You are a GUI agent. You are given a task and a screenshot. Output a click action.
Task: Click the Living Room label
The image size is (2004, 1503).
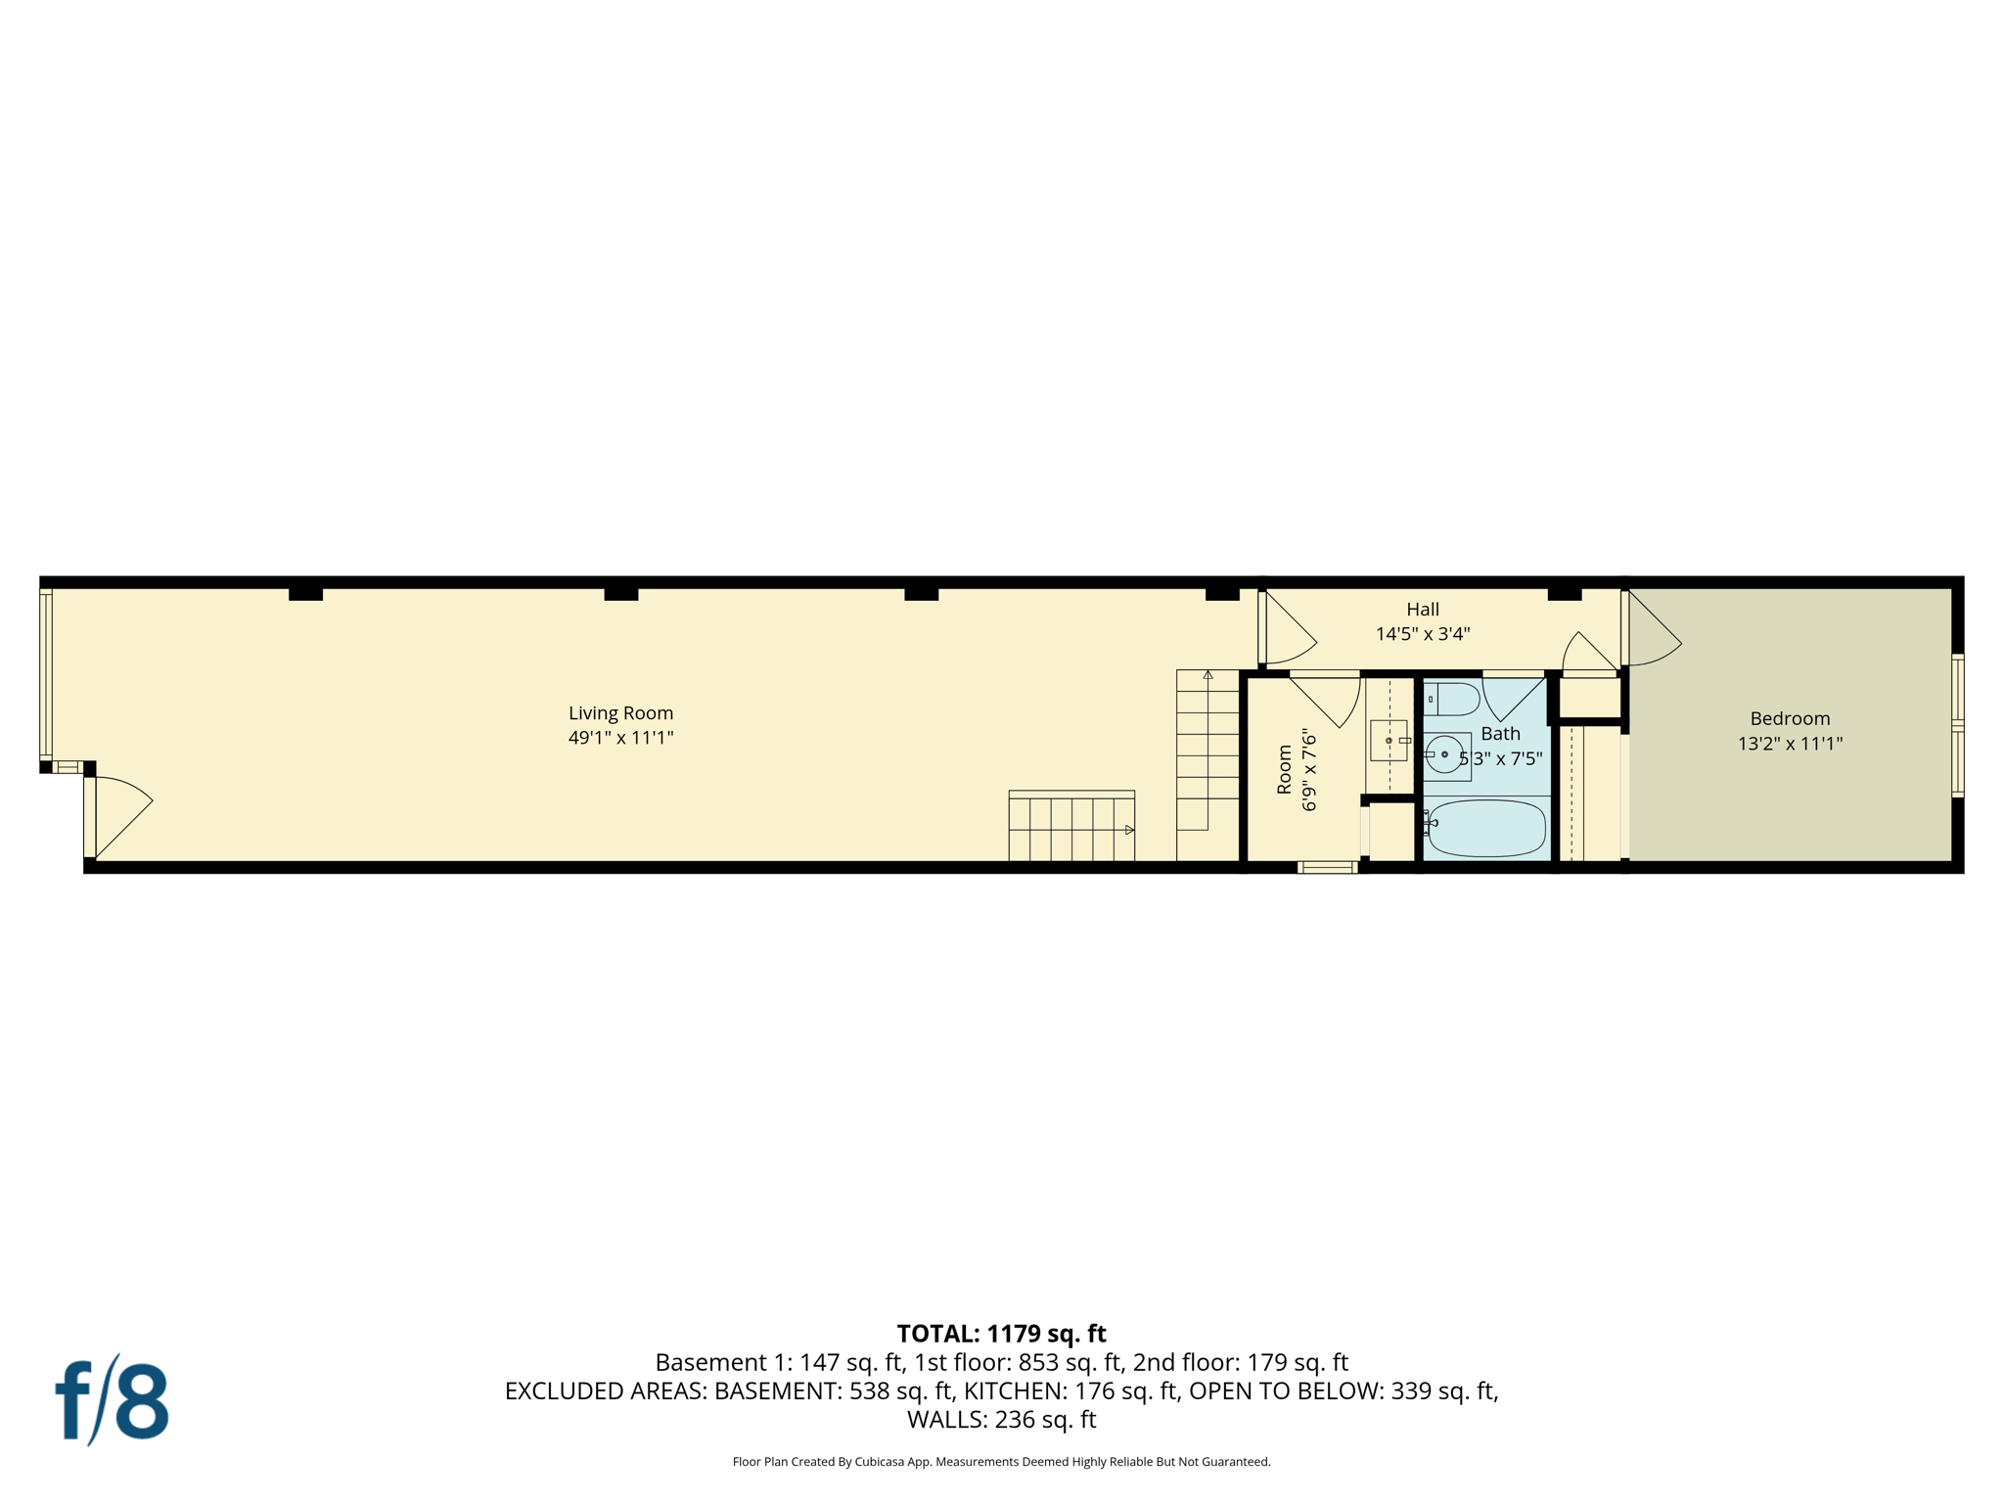(x=620, y=713)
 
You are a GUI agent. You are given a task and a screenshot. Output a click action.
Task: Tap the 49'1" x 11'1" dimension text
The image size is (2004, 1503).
(x=620, y=738)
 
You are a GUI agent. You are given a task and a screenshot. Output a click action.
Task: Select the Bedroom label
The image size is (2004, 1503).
(x=1790, y=718)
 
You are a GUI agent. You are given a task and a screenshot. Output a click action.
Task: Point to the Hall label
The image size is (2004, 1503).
(x=1423, y=609)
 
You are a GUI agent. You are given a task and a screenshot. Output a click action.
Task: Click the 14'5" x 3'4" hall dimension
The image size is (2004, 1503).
(x=1423, y=634)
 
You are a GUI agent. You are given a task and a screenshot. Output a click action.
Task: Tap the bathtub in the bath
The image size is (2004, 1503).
(x=1485, y=828)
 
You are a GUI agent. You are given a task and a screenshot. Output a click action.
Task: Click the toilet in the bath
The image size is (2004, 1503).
(x=1454, y=700)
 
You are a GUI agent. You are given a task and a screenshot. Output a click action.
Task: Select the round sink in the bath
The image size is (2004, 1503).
(x=1443, y=755)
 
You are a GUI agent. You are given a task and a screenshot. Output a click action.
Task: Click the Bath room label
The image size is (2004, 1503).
(x=1500, y=733)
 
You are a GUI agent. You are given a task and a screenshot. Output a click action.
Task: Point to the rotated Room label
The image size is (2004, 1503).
(x=1285, y=769)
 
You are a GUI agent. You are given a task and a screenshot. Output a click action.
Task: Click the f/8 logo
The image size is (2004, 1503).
(x=112, y=1401)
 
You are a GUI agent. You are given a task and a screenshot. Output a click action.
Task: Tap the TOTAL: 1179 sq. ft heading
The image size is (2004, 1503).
(x=1001, y=1334)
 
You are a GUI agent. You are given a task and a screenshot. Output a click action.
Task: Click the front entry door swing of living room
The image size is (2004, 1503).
(x=119, y=812)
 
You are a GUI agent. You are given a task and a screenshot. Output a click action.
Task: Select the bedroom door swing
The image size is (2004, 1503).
(x=1651, y=631)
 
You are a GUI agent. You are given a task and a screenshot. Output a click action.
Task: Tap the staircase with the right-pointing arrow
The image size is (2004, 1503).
(x=1071, y=828)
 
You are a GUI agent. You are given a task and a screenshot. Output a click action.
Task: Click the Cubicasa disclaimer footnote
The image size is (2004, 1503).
(x=1001, y=1462)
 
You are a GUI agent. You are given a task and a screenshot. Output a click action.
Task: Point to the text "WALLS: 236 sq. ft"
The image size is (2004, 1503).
(x=1001, y=1420)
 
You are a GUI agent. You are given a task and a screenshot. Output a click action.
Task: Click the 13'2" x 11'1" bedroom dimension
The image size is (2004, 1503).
(x=1790, y=744)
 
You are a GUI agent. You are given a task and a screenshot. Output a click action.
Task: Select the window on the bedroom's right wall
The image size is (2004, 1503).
(x=1957, y=724)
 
